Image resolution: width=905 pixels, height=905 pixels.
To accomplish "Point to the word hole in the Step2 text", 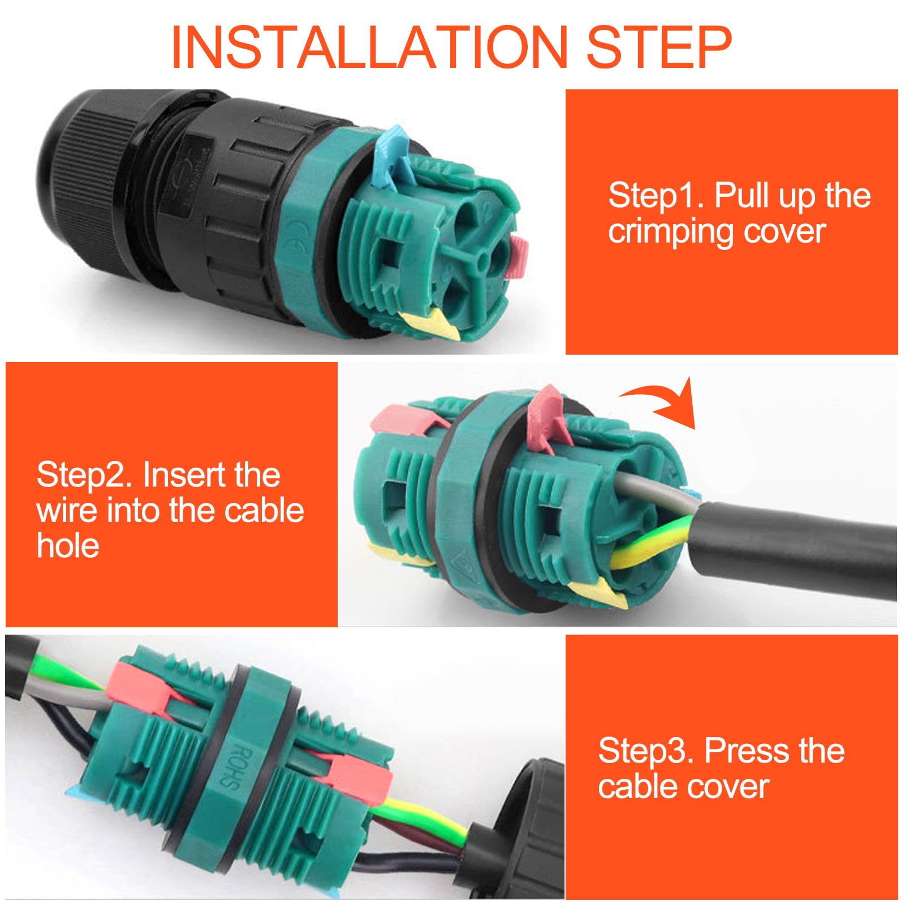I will point(68,545).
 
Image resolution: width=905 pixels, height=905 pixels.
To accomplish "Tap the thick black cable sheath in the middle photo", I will point(792,537).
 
